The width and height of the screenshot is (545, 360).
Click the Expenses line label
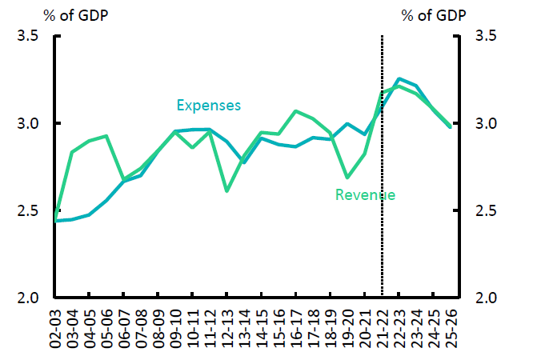pos(208,105)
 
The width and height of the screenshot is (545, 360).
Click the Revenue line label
pos(365,194)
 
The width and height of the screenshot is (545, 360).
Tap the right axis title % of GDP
pos(432,15)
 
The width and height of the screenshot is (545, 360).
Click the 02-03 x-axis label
pos(54,329)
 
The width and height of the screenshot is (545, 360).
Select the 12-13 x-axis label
pos(227,329)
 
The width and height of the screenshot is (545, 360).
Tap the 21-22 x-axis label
pos(383,329)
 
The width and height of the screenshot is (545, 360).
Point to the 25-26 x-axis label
pos(451,329)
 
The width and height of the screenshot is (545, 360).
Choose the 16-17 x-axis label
pos(296,329)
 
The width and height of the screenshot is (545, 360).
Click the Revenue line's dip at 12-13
pos(226,190)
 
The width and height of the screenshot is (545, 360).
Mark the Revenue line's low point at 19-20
pos(347,177)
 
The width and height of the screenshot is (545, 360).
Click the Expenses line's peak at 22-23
pos(399,79)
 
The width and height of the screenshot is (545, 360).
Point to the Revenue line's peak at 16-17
pos(295,111)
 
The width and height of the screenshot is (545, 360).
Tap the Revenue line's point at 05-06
pos(106,136)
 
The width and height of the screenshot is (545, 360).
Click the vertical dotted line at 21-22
pos(382,200)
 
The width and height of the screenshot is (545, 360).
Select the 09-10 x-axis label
pos(175,329)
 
